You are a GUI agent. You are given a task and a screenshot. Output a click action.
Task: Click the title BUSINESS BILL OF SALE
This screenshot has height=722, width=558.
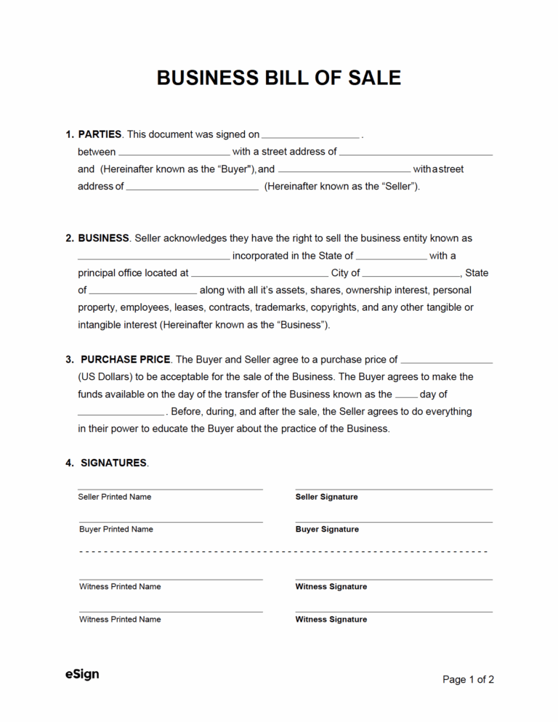pyautogui.click(x=279, y=78)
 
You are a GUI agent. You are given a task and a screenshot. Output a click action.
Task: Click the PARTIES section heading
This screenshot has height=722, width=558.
pyautogui.click(x=100, y=134)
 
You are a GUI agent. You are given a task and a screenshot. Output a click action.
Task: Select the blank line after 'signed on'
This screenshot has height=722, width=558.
pyautogui.click(x=310, y=136)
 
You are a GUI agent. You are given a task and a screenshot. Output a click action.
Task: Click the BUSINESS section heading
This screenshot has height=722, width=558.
pyautogui.click(x=103, y=238)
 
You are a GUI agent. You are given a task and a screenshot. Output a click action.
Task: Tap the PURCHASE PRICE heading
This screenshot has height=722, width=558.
pyautogui.click(x=126, y=360)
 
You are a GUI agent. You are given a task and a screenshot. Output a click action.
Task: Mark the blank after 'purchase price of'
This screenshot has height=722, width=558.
pyautogui.click(x=446, y=361)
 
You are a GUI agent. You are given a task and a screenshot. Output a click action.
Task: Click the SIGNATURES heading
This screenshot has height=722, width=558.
pyautogui.click(x=114, y=463)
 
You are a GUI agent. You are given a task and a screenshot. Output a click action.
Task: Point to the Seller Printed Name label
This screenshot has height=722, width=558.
pyautogui.click(x=115, y=497)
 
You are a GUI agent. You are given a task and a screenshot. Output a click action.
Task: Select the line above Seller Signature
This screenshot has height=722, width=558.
pyautogui.click(x=394, y=490)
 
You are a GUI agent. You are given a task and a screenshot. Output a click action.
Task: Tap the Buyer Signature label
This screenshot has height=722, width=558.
pyautogui.click(x=327, y=530)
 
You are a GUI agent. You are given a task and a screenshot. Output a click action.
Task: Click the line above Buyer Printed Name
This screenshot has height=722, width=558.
pyautogui.click(x=171, y=522)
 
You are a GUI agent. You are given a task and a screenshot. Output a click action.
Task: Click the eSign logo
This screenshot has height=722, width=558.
pyautogui.click(x=81, y=675)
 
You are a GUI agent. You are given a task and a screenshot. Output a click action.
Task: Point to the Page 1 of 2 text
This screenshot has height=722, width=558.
pyautogui.click(x=468, y=680)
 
